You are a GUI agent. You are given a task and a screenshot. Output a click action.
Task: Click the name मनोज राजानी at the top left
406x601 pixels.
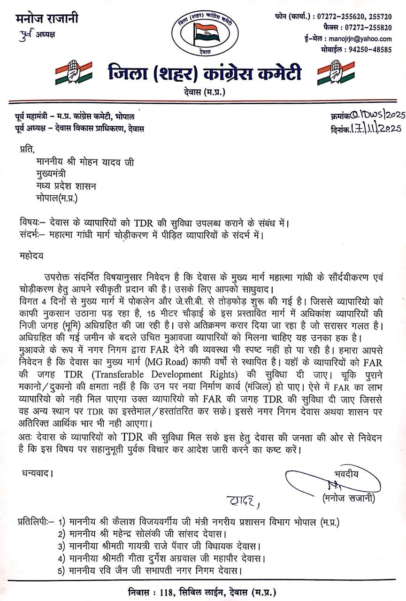[46, 19]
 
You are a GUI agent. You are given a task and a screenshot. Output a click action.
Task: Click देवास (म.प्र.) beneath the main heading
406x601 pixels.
[203, 92]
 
